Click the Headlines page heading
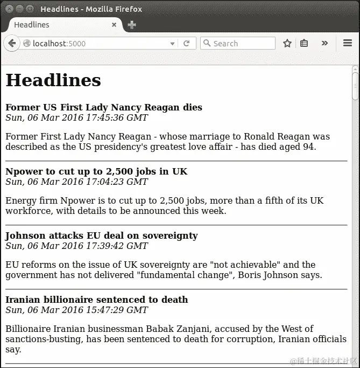click(53, 80)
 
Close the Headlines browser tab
click(114, 25)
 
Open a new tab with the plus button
click(132, 25)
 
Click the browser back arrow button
click(11, 44)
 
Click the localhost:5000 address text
click(59, 44)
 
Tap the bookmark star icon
click(287, 44)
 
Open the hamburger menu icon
click(348, 44)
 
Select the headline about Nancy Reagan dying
click(104, 107)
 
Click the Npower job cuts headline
click(96, 171)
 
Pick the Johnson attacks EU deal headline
click(102, 235)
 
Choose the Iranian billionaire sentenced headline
click(97, 300)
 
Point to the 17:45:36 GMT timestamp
click(76, 117)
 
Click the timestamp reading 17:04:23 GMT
click(76, 182)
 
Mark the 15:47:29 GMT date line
click(76, 310)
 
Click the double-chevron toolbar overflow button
click(324, 43)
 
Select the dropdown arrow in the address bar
click(173, 44)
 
